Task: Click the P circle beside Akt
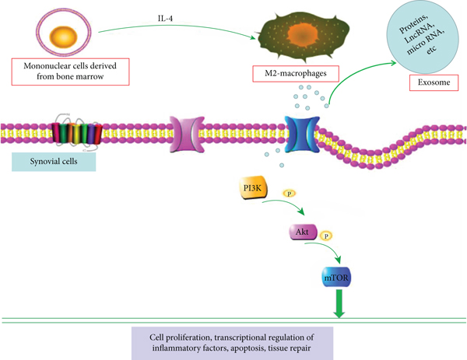327,234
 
